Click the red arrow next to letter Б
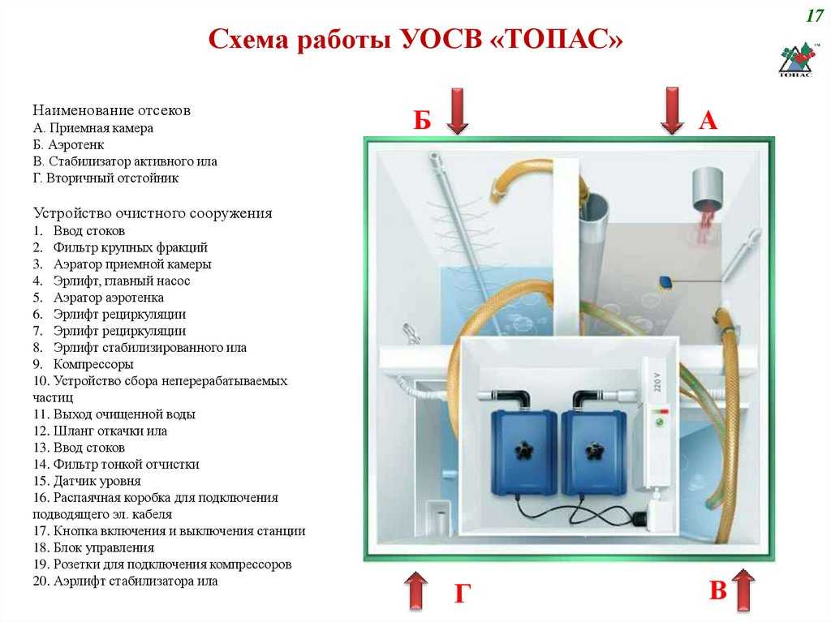[x=457, y=110]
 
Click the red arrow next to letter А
[x=672, y=110]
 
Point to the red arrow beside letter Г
[x=416, y=590]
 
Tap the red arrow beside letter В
[x=743, y=590]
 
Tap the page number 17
[x=815, y=15]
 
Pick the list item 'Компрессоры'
[x=93, y=364]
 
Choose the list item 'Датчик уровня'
[x=97, y=481]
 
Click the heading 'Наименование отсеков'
[x=111, y=110]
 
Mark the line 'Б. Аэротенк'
[x=68, y=144]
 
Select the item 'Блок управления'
[x=104, y=547]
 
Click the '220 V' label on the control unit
[x=657, y=381]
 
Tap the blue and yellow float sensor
[x=666, y=282]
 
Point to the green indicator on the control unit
[x=660, y=423]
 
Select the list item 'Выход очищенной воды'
[x=124, y=414]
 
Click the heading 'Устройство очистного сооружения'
[x=153, y=213]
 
